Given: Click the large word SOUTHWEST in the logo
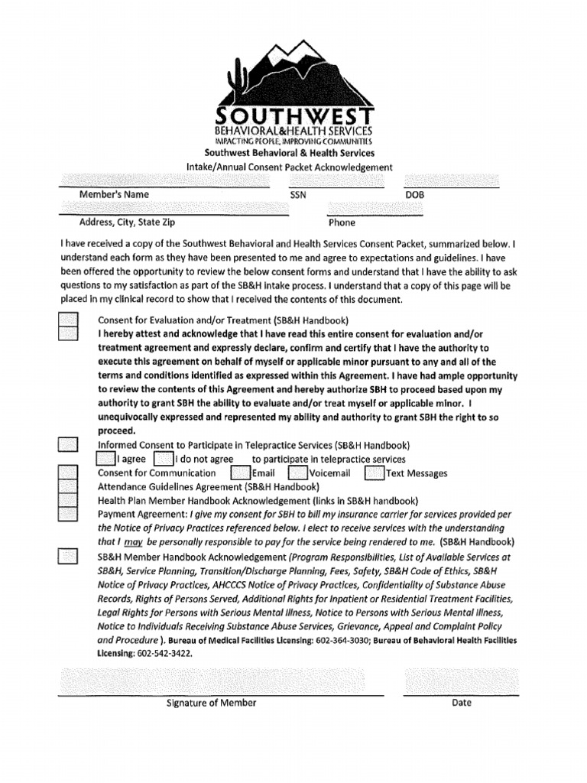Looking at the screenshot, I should click(293, 116).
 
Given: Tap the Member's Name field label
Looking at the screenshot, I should click(115, 195).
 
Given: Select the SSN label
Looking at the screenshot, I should click(298, 196).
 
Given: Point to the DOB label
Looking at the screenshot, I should click(414, 196).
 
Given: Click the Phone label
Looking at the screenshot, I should click(342, 223).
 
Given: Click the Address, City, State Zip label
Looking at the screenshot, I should click(128, 223).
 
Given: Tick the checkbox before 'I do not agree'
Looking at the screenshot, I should click(163, 459).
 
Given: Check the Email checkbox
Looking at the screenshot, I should click(241, 473).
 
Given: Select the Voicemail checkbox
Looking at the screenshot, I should click(298, 473).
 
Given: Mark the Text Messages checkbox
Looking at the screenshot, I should click(375, 473).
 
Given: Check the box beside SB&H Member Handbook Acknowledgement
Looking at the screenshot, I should click(69, 557).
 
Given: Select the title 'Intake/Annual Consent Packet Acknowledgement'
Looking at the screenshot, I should click(290, 167).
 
